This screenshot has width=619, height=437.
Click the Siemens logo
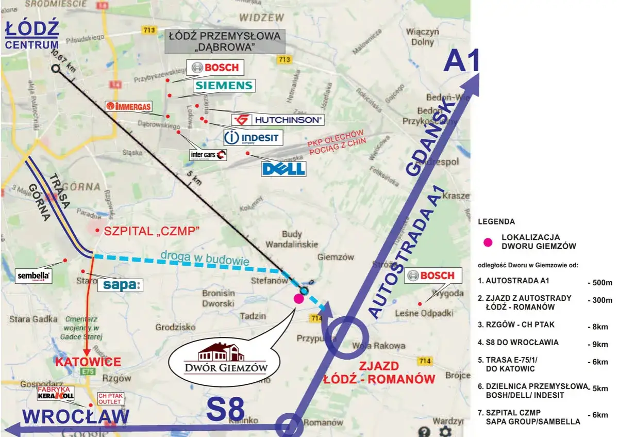tap(224, 86)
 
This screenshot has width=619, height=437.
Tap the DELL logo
tap(283, 169)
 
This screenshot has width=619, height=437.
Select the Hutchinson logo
tap(277, 120)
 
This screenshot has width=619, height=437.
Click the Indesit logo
tap(253, 138)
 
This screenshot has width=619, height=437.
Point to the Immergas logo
tap(129, 107)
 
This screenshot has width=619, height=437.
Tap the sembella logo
tap(34, 276)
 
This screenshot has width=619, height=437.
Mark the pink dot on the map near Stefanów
tap(298, 299)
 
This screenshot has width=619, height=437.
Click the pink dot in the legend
tap(486, 241)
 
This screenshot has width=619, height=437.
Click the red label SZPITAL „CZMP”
tap(152, 232)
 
